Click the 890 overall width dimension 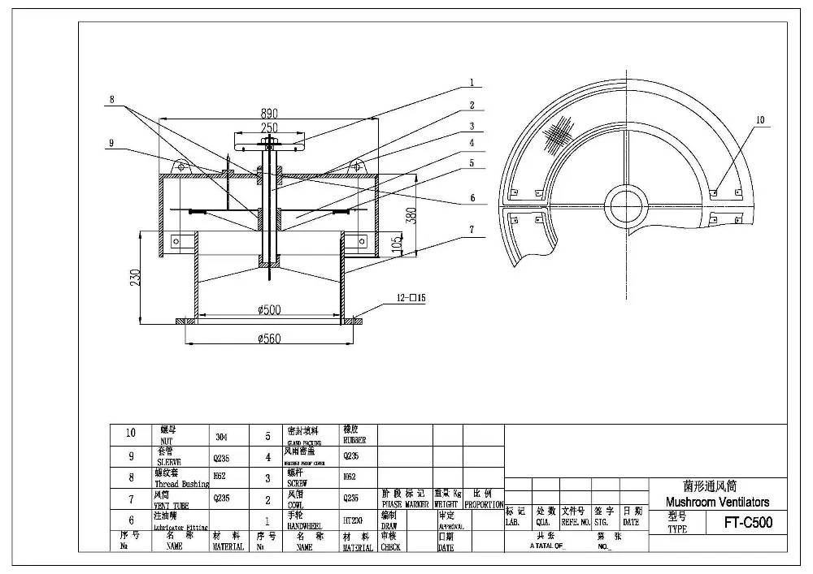[268, 114]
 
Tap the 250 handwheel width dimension [269, 127]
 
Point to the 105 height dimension [398, 245]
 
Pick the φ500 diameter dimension [268, 309]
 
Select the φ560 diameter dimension [268, 339]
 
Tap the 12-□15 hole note [411, 299]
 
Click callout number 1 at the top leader [471, 82]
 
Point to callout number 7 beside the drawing [471, 230]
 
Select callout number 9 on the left [111, 144]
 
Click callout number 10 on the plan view [760, 120]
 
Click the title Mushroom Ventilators [717, 503]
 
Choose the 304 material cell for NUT [221, 436]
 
